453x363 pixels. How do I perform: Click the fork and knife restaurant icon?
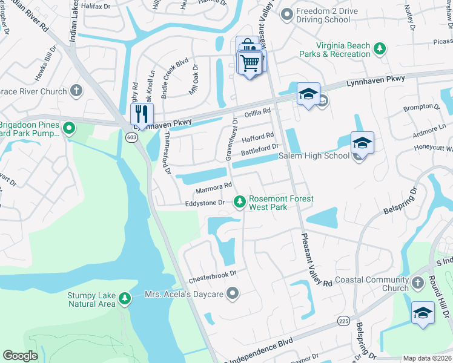tap(142, 113)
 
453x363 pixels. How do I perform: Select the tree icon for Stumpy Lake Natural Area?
tap(124, 298)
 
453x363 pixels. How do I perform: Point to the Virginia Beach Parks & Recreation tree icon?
tap(379, 48)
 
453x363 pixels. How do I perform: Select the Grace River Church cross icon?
tap(76, 91)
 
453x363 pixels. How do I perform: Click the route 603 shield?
tap(131, 137)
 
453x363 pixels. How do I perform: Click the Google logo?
tap(21, 356)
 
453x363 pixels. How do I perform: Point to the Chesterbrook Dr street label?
tap(211, 278)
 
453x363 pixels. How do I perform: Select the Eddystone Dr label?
tap(205, 203)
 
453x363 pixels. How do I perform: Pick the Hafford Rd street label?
tap(258, 137)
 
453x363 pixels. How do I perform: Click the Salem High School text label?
tap(314, 156)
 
